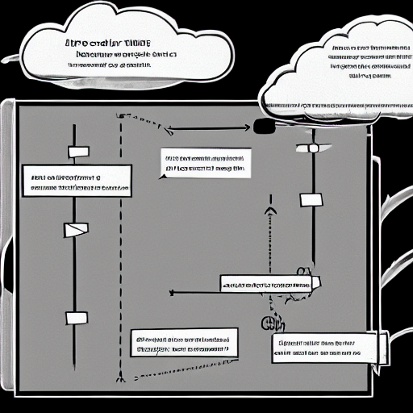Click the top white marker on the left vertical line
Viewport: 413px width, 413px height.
(78, 152)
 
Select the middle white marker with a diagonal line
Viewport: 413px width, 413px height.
(74, 230)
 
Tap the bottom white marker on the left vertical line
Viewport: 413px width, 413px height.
(77, 318)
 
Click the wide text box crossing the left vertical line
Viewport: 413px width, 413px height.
(77, 181)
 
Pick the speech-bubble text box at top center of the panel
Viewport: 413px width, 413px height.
(203, 164)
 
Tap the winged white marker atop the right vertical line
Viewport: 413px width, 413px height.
(313, 148)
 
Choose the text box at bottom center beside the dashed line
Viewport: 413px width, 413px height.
(184, 342)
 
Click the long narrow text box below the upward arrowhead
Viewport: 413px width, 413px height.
(269, 284)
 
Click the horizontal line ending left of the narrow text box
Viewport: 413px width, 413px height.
(194, 292)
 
